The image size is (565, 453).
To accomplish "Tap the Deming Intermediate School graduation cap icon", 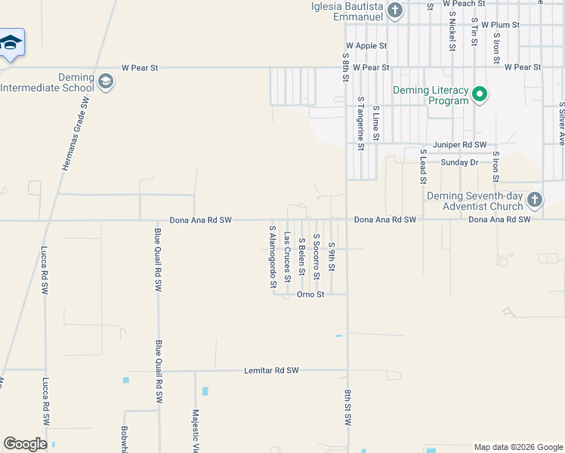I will [106, 82].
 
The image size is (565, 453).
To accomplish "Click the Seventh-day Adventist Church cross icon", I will [535, 200].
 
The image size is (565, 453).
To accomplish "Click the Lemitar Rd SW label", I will [272, 371].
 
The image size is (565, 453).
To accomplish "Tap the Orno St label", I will [310, 294].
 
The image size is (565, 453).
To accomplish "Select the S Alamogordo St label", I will [273, 255].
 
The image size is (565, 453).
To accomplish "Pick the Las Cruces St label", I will [287, 257].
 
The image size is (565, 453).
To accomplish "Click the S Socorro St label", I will [316, 255].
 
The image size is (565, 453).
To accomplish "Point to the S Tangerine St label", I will [361, 123].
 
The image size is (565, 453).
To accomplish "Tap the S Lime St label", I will [375, 123].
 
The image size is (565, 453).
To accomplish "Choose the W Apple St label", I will [366, 46].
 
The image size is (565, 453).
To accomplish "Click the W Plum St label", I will [500, 25].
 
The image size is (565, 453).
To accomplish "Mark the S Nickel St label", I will [452, 30].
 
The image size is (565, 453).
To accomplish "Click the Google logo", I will [25, 444].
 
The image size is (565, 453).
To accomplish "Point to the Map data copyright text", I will [519, 447].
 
